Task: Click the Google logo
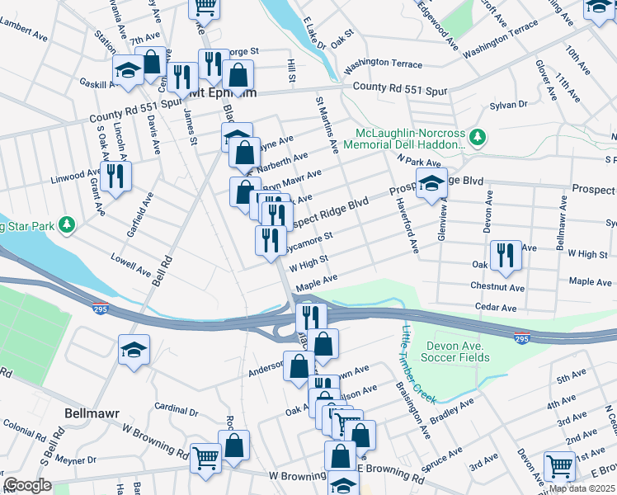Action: coord(28,485)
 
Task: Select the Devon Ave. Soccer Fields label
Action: coord(458,351)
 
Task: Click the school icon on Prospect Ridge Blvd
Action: coord(430,186)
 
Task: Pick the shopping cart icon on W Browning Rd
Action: coord(205,459)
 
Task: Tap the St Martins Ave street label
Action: coord(327,124)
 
